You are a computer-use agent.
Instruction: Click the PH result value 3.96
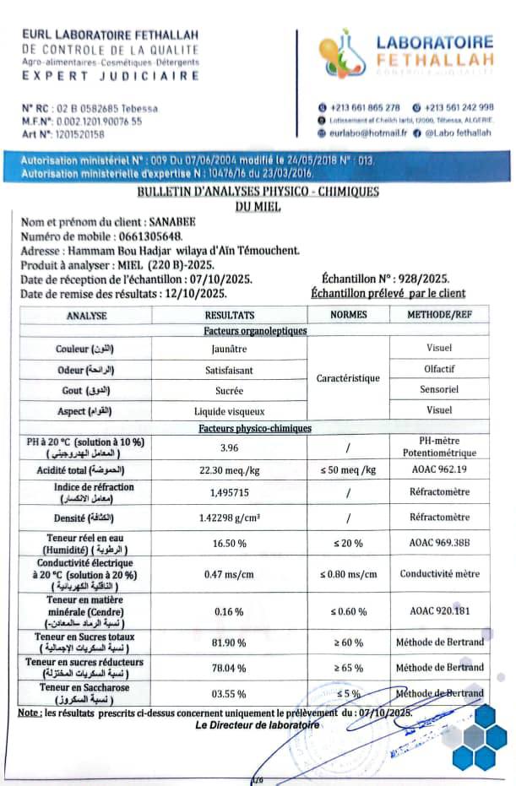[x=224, y=447]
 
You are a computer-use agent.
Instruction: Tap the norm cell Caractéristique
[x=348, y=379]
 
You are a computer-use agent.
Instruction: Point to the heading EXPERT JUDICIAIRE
[x=110, y=75]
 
